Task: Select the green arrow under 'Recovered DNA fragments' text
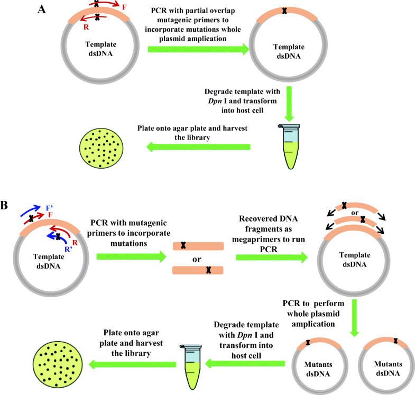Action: [271, 258]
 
